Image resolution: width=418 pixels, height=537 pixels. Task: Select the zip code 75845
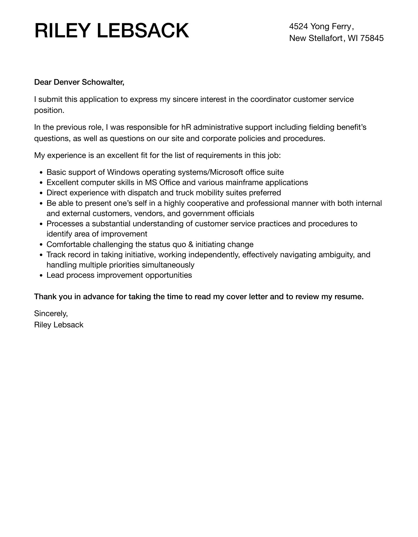pyautogui.click(x=372, y=38)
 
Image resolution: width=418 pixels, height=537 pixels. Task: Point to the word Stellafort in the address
pyautogui.click(x=326, y=38)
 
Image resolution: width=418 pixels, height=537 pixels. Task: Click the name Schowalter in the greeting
pyautogui.click(x=103, y=82)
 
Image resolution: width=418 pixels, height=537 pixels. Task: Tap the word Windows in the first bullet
pyautogui.click(x=123, y=172)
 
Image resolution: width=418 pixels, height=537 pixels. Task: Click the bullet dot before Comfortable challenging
pyautogui.click(x=41, y=245)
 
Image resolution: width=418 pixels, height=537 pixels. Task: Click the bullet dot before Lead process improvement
pyautogui.click(x=41, y=276)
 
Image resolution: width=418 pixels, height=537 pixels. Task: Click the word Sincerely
pyautogui.click(x=51, y=313)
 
